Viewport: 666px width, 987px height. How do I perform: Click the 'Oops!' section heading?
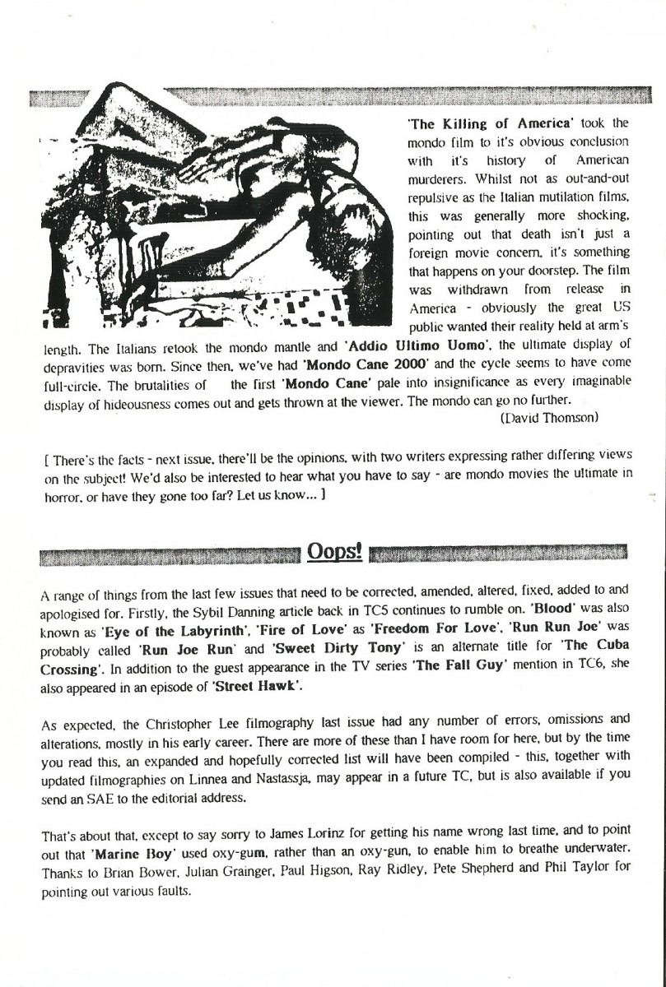(x=334, y=550)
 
